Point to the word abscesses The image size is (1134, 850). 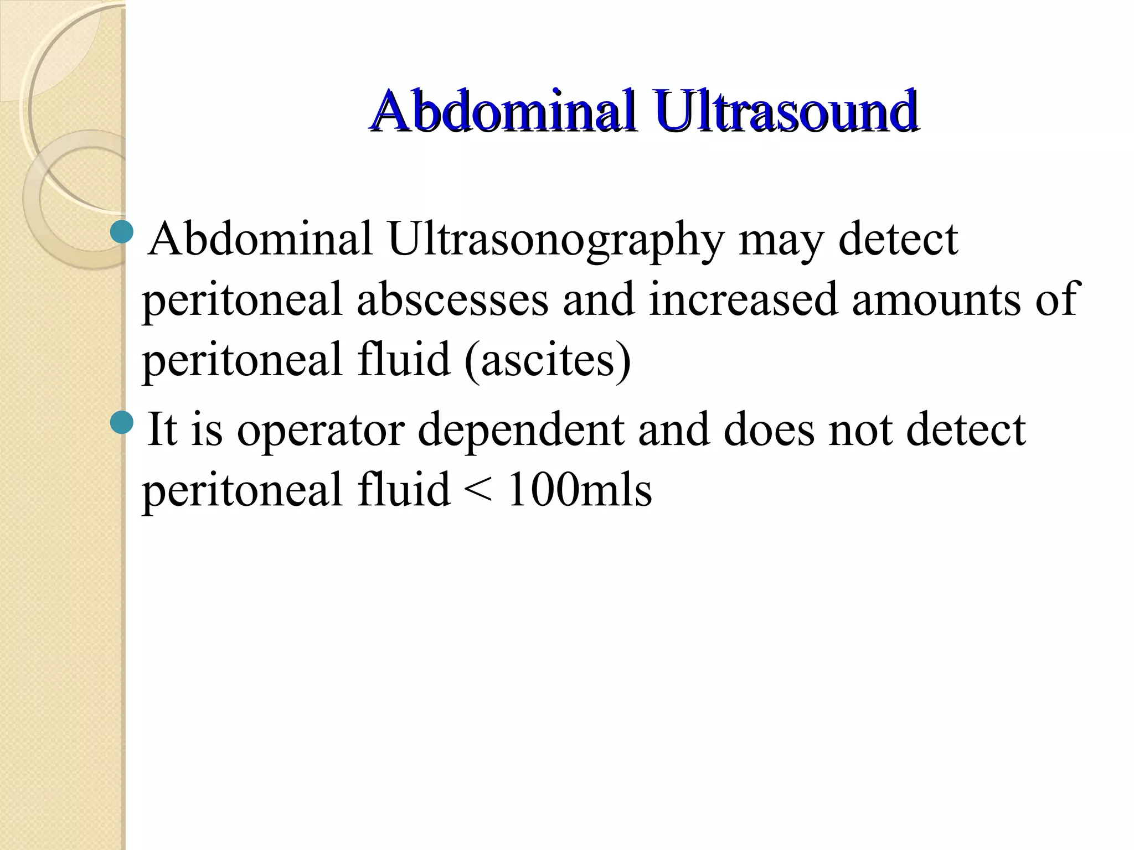(x=452, y=300)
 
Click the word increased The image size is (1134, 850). (x=743, y=300)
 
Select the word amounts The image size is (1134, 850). (x=936, y=300)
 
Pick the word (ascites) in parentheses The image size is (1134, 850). (x=548, y=360)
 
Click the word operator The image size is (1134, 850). (x=321, y=430)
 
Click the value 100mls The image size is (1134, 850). (x=579, y=490)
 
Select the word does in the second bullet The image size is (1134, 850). (x=769, y=430)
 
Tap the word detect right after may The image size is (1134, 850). (x=898, y=240)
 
